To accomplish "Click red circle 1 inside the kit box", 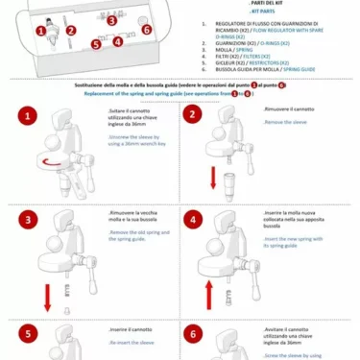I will (x=40, y=30).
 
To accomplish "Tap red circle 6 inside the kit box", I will (x=146, y=29).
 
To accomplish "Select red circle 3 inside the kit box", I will (x=113, y=18).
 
